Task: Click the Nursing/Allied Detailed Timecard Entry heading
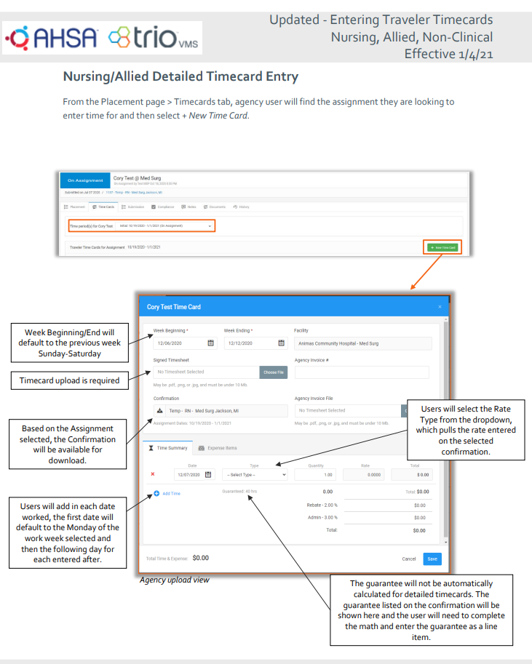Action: tap(180, 76)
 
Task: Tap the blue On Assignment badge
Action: tap(85, 180)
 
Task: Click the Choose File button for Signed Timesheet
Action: tap(274, 372)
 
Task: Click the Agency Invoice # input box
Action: tap(362, 372)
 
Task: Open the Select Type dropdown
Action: tap(255, 475)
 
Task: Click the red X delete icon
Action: tap(153, 474)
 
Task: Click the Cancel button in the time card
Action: tap(409, 559)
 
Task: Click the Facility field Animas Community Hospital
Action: tap(362, 343)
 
